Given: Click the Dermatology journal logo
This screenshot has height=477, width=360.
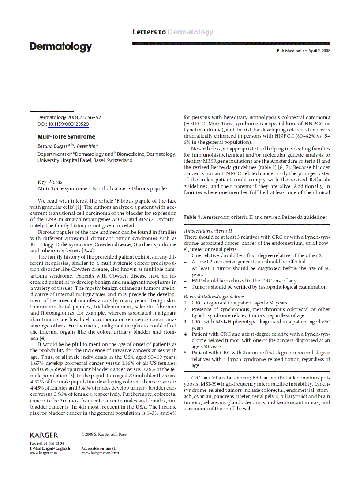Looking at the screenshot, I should (61, 47).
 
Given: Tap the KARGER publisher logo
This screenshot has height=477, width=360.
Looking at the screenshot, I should (44, 435).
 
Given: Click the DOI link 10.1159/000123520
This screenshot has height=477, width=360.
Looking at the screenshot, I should (68, 124).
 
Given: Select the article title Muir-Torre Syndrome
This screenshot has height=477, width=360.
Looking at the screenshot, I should (66, 137).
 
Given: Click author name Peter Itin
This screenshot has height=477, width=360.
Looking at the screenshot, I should (86, 145).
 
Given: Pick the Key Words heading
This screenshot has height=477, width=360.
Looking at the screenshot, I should (50, 182).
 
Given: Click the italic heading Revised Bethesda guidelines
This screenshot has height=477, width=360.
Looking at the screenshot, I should (214, 297).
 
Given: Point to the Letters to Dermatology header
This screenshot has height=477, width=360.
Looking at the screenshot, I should (172, 32).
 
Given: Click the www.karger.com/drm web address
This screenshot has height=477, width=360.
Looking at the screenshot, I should (100, 453).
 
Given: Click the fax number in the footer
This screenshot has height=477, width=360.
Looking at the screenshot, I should (47, 443).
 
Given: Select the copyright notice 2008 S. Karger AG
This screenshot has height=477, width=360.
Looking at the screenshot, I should (105, 434).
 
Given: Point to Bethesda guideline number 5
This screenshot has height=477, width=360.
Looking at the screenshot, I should (185, 353).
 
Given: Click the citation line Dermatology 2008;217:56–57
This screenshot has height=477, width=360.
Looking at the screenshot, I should (69, 117).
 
